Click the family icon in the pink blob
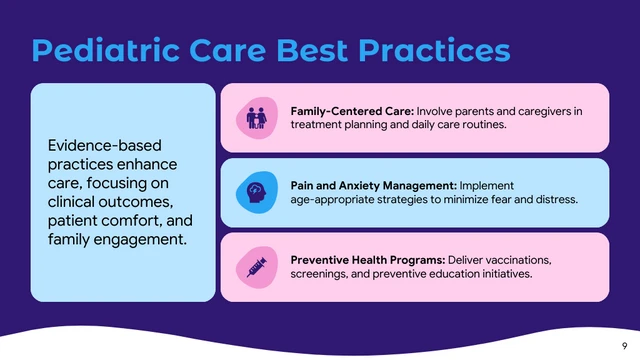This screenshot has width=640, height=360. point(257,118)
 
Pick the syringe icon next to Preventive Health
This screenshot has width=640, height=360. point(254,266)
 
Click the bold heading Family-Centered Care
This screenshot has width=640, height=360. point(351,110)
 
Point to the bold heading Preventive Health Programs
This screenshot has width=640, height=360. point(367,259)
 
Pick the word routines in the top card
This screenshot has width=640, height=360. point(483,125)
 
